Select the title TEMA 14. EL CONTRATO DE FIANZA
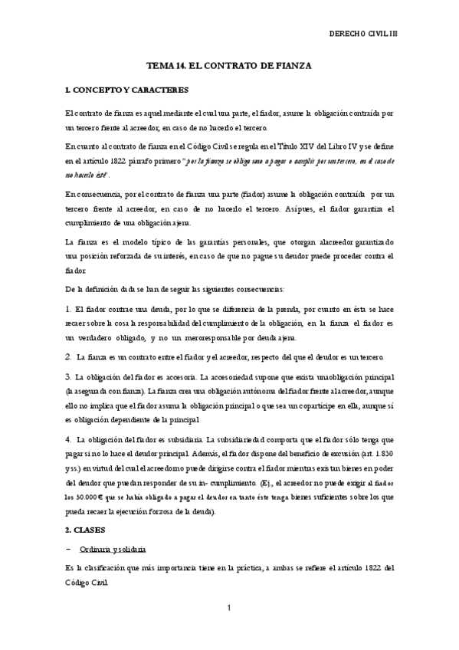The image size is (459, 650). coord(228,66)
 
